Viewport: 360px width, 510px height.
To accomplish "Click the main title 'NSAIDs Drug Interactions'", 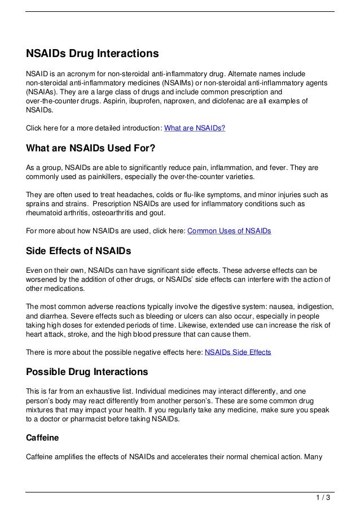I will [x=93, y=54].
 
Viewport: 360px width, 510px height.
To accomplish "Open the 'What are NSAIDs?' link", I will [x=195, y=128].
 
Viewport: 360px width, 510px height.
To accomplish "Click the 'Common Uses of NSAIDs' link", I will [x=229, y=231].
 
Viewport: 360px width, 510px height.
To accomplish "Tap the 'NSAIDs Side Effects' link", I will [x=238, y=352].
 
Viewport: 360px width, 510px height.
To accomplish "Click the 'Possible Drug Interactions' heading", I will [x=87, y=372].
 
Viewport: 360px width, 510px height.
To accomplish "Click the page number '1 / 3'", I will [x=323, y=498].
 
